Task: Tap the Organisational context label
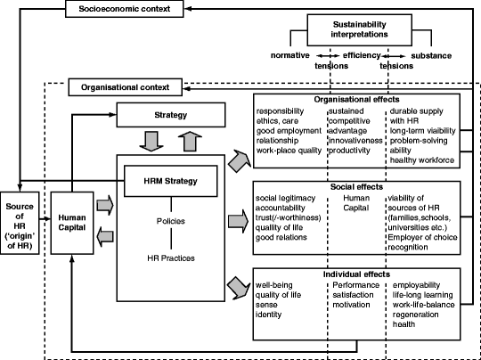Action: pyautogui.click(x=131, y=87)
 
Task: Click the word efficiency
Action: pyautogui.click(x=362, y=56)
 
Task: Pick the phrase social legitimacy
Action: pyautogui.click(x=285, y=198)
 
